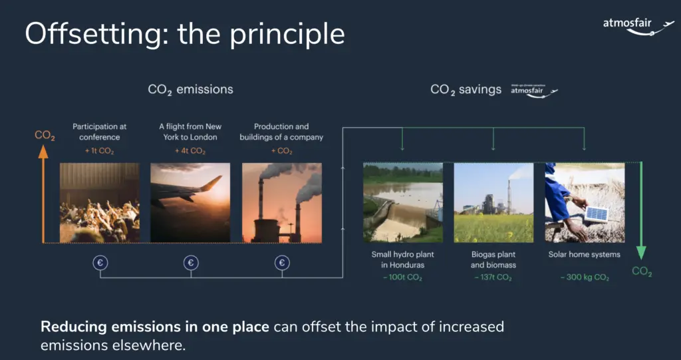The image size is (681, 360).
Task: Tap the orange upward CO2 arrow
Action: click(x=43, y=194)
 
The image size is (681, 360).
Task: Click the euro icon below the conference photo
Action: click(x=100, y=263)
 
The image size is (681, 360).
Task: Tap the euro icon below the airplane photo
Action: click(x=191, y=263)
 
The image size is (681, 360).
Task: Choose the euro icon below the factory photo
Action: click(x=282, y=263)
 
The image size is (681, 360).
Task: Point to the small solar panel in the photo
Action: click(x=597, y=214)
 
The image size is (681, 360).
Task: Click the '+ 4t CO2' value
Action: click(x=190, y=151)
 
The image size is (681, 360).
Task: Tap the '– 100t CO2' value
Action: click(x=402, y=277)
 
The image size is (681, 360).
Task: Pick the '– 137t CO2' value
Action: click(x=493, y=277)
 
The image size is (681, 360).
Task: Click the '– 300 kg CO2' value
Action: click(x=585, y=277)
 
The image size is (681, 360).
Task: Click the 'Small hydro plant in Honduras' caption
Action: click(x=402, y=260)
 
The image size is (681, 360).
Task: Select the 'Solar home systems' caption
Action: click(x=584, y=254)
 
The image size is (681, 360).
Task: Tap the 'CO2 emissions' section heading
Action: click(x=191, y=90)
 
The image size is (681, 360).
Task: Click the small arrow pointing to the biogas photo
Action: click(x=493, y=139)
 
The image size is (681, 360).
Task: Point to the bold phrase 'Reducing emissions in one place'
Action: click(x=155, y=327)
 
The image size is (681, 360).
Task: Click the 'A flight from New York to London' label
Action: click(x=190, y=132)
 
